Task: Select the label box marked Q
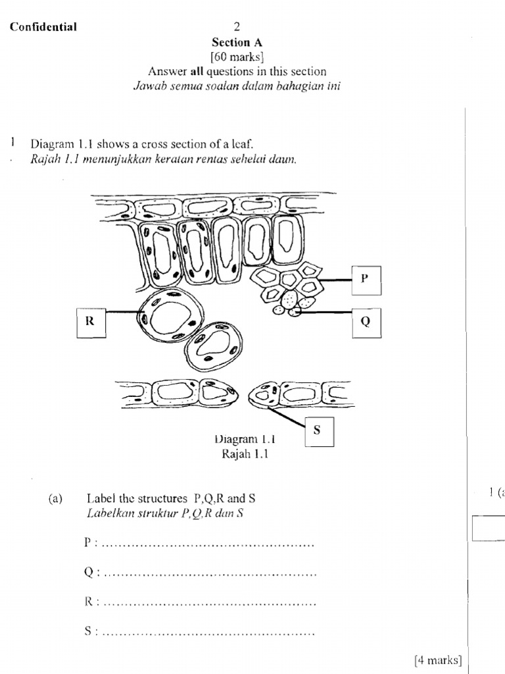click(366, 322)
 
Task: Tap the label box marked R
click(90, 322)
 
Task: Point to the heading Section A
click(237, 42)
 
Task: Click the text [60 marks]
click(237, 57)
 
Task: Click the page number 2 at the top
click(237, 27)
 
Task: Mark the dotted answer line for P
click(209, 544)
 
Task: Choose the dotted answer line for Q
click(210, 573)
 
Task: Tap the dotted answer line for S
click(209, 633)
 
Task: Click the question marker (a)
click(55, 499)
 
